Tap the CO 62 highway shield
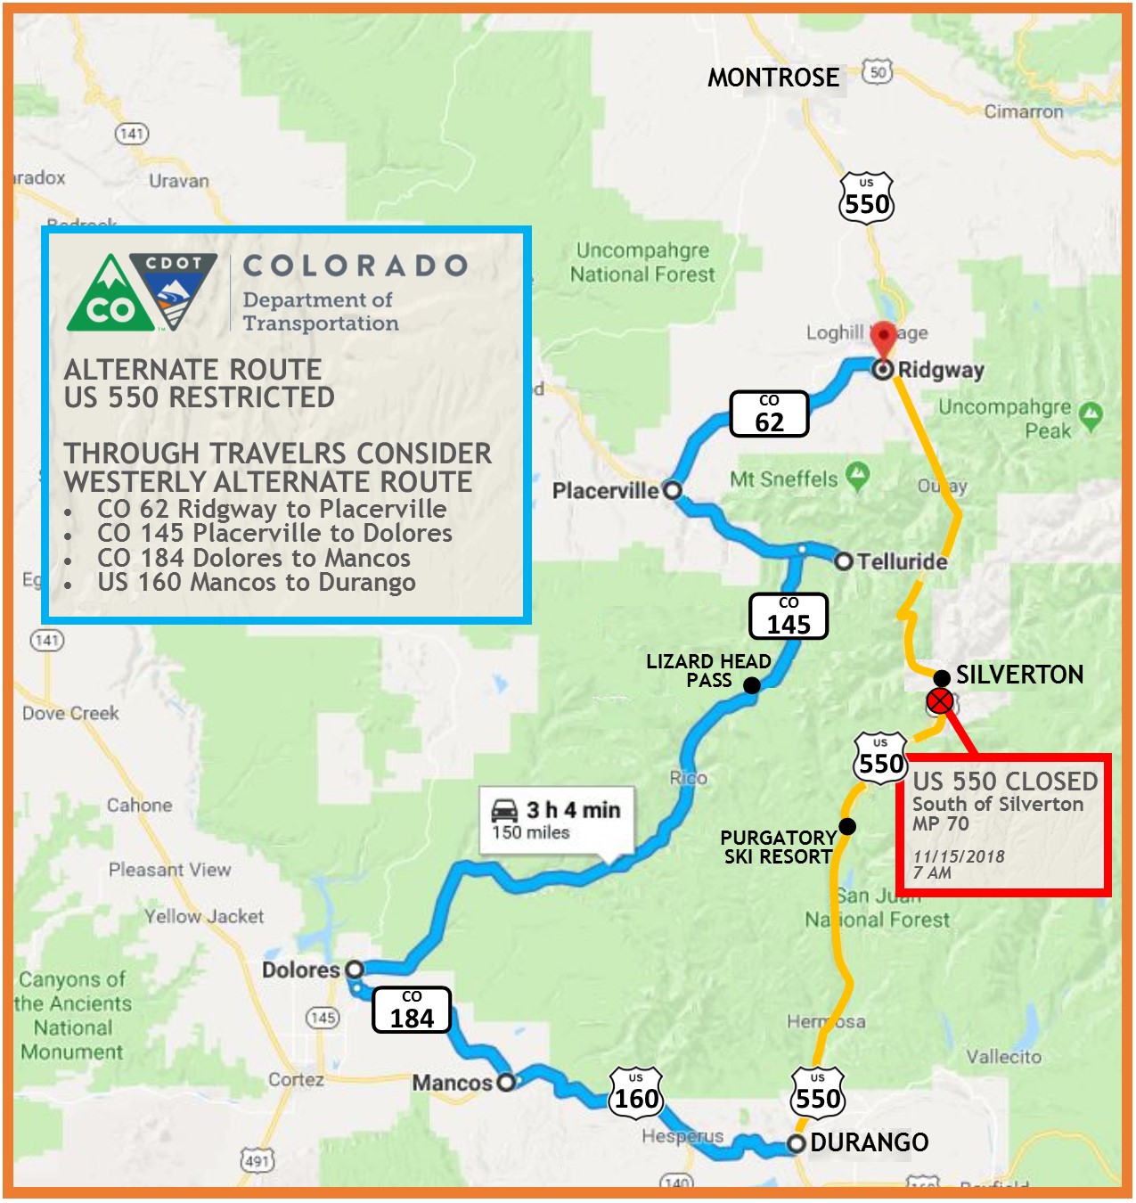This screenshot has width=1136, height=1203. [x=769, y=413]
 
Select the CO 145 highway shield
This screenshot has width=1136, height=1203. [x=789, y=616]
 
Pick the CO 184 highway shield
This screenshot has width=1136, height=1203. [x=412, y=1010]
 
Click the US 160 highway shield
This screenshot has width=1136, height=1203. [x=636, y=1092]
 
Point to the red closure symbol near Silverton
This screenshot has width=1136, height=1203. [x=940, y=702]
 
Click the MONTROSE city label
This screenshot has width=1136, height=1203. [x=773, y=78]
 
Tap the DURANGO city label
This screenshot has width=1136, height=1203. [x=869, y=1142]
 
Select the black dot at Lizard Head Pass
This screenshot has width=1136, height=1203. [x=752, y=685]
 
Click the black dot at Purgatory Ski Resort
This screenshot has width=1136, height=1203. [x=847, y=827]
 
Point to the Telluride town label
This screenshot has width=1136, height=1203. [x=901, y=562]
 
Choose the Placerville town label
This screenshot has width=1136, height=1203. [x=606, y=491]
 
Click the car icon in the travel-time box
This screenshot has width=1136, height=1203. [x=505, y=810]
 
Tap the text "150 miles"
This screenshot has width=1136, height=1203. [x=531, y=833]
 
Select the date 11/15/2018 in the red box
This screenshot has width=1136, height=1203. [x=959, y=856]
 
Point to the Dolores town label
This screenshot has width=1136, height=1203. [x=301, y=970]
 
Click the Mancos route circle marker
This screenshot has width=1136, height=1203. [x=506, y=1082]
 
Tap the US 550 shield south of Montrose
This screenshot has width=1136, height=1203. [x=867, y=199]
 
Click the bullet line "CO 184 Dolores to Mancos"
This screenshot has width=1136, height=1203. [x=253, y=559]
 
